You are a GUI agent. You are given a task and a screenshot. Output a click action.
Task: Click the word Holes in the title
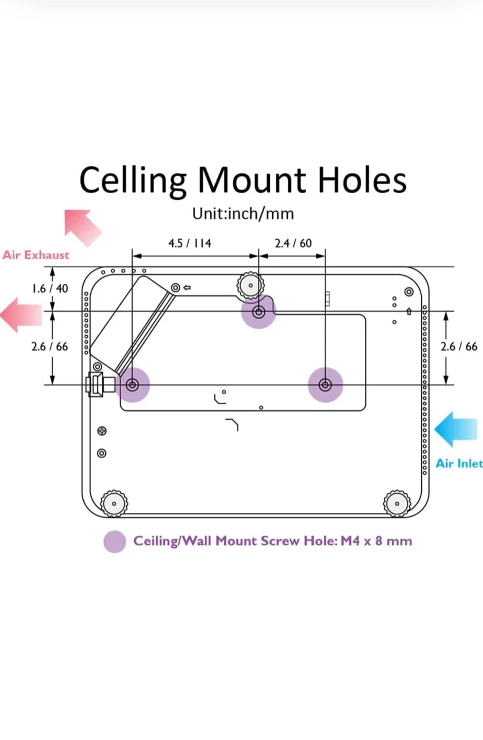point(362,180)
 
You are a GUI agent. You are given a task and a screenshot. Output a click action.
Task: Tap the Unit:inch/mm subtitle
point(243,213)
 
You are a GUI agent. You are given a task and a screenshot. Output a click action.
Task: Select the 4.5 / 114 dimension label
point(190,243)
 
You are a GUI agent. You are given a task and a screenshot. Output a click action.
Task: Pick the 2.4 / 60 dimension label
point(293,243)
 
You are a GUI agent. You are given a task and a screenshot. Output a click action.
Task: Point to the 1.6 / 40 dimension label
point(50,288)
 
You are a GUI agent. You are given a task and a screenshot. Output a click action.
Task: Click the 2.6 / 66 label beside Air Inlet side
point(459,346)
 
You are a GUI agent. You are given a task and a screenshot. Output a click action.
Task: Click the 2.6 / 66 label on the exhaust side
point(49,346)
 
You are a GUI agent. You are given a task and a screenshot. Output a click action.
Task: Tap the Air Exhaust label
point(36,255)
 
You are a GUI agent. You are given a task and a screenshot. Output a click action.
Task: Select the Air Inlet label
point(459,464)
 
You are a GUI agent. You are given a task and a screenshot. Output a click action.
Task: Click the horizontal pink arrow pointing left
point(21,314)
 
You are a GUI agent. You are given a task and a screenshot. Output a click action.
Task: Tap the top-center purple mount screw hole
point(258,311)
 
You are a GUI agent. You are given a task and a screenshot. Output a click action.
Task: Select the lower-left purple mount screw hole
point(133,384)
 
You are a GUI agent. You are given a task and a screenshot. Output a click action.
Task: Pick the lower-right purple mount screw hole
point(325,384)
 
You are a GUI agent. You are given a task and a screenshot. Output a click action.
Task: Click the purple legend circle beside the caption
point(115,542)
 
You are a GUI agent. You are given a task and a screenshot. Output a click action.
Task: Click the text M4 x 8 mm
point(376,541)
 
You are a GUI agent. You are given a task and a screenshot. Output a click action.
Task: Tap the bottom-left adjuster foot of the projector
point(114,504)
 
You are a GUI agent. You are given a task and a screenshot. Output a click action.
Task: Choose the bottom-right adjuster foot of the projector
point(397,504)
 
